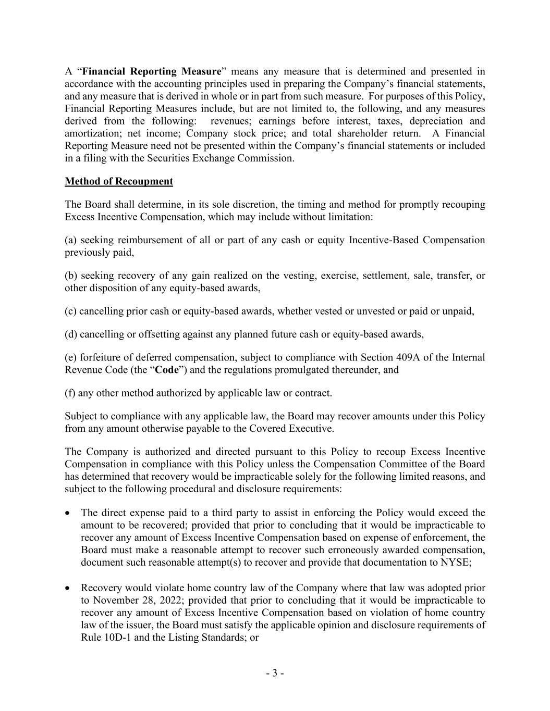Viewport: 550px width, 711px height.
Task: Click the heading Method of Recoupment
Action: point(119,181)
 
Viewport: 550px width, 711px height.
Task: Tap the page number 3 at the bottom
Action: point(275,673)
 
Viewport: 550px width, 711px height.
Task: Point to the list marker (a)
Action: point(71,240)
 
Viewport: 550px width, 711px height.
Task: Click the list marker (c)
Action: point(71,311)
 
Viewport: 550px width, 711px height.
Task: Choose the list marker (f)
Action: point(70,393)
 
